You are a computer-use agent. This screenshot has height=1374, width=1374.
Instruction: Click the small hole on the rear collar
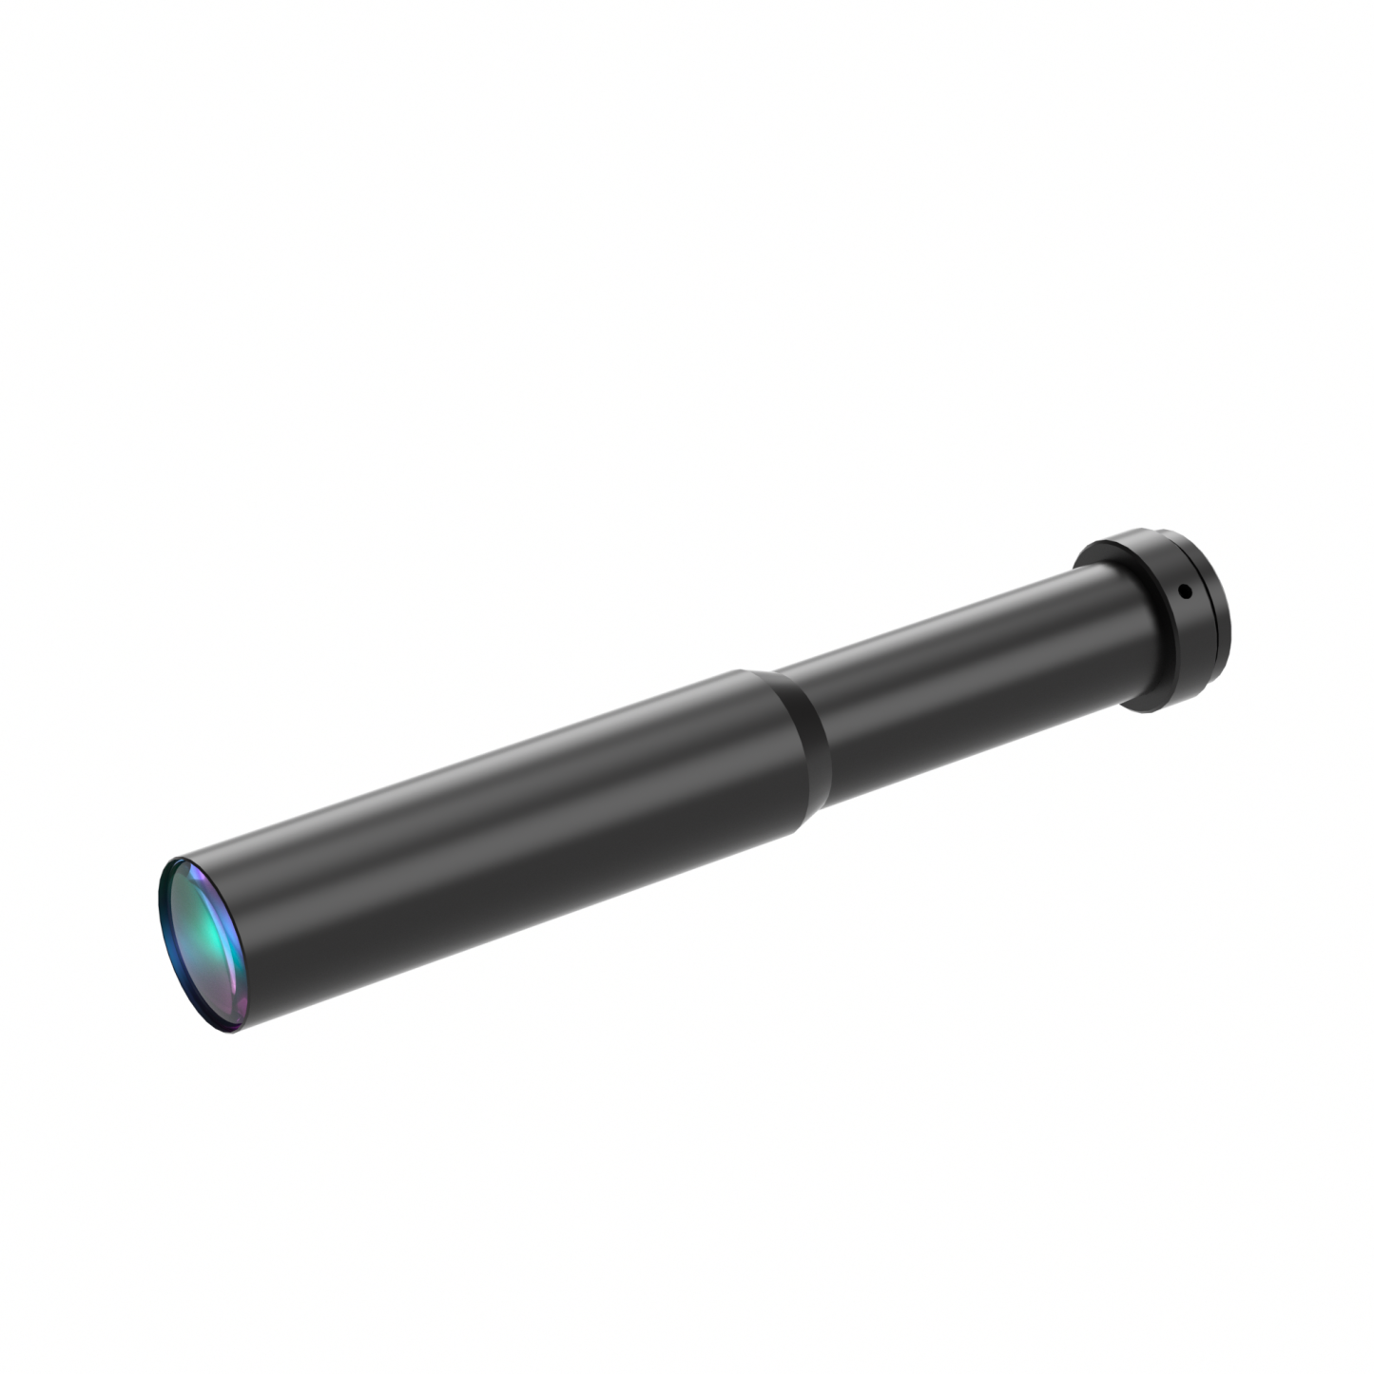(1184, 591)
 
